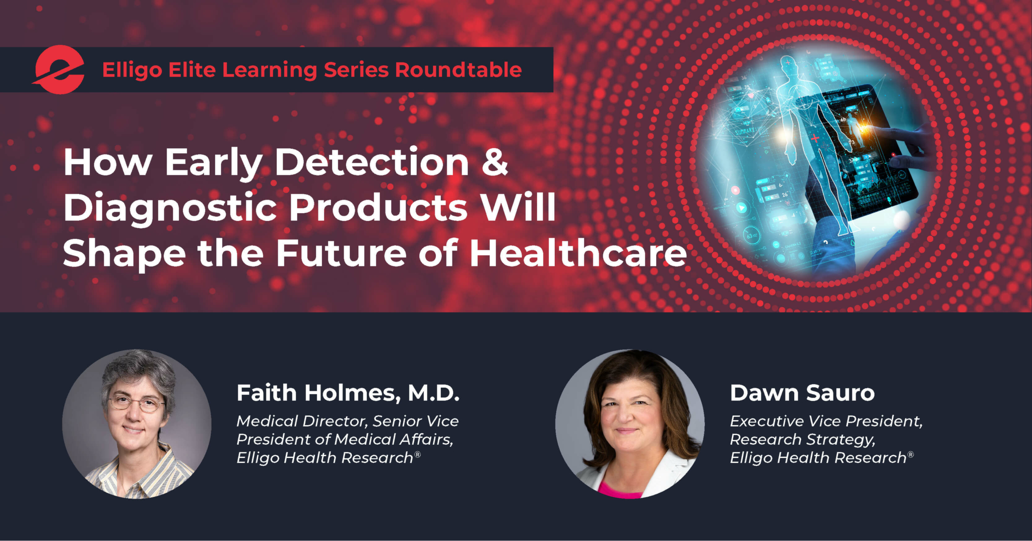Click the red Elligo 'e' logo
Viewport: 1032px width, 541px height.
59,70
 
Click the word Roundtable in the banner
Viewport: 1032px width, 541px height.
458,70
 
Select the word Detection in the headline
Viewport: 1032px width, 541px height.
372,162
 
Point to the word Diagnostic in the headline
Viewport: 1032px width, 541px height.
170,208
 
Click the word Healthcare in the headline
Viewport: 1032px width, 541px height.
578,253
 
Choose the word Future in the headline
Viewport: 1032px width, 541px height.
341,253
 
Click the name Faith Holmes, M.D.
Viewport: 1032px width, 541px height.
348,393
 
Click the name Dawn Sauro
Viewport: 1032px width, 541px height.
802,393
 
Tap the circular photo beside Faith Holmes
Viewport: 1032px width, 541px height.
137,424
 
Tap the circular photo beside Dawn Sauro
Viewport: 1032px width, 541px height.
629,424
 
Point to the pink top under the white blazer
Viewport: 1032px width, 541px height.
620,490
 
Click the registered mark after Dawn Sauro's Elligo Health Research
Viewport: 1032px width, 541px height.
911,454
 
